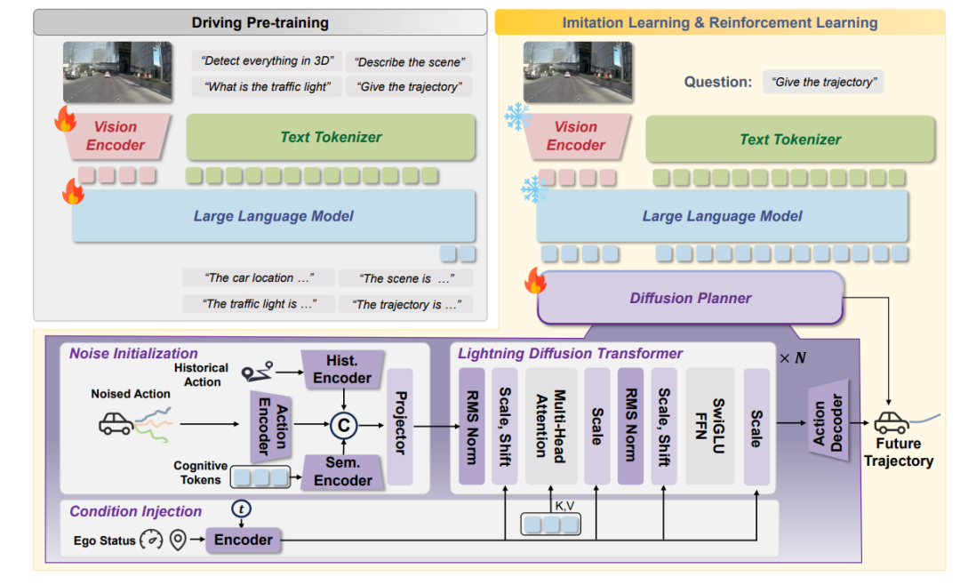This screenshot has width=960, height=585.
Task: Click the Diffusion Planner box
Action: [691, 298]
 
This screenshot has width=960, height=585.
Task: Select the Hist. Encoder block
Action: [342, 369]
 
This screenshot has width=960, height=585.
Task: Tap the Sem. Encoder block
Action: [342, 471]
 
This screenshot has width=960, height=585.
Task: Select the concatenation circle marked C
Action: [343, 426]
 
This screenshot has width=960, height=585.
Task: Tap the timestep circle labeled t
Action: [242, 509]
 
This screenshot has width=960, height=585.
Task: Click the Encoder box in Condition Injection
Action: [243, 540]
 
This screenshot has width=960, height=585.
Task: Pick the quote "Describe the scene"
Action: [408, 62]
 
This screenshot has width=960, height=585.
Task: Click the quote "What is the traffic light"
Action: [268, 87]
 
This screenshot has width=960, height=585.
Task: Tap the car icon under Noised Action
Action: [116, 422]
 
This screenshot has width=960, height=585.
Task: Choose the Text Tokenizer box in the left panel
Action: [331, 138]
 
